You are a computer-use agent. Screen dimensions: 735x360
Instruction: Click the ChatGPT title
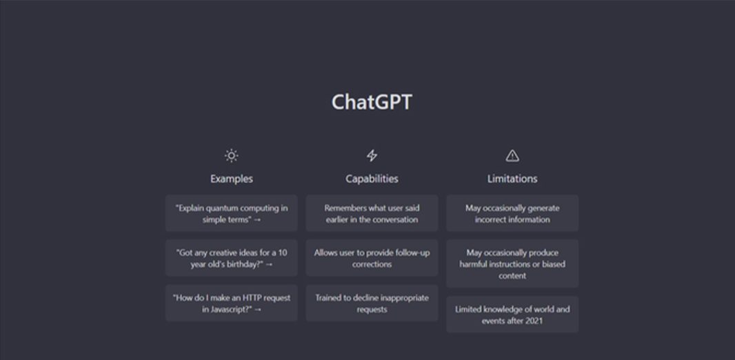372,102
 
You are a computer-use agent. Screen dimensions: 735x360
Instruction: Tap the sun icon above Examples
232,156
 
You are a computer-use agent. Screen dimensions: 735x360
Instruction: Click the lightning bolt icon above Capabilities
372,156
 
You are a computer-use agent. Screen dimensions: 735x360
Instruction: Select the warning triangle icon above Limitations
512,156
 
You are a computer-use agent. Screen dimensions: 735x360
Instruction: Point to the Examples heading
232,179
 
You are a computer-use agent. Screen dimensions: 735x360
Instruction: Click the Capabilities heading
372,179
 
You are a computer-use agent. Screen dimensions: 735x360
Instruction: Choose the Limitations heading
512,179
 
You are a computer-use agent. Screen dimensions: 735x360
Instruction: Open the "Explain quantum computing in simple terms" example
232,213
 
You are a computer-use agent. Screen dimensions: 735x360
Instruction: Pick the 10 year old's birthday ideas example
232,259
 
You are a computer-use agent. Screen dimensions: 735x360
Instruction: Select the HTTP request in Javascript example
232,303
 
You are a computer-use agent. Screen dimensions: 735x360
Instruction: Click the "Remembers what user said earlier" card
372,213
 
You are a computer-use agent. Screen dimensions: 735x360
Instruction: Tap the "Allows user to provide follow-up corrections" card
372,259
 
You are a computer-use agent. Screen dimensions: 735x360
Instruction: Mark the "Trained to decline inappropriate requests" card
372,303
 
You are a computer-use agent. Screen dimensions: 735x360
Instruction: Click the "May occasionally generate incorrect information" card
512,213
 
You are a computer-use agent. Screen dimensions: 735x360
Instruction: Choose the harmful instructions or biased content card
512,264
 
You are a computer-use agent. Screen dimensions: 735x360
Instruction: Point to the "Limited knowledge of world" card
512,314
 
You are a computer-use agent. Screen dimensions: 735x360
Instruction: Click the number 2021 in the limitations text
534,321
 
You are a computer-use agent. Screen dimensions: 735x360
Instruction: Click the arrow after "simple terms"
257,220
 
